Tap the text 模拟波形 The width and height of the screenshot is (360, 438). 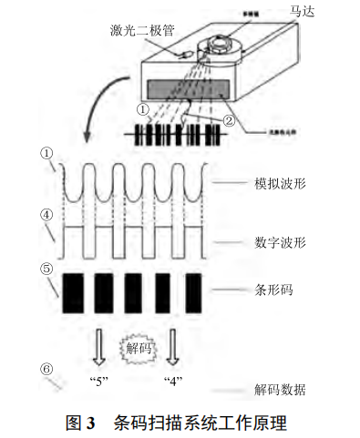[x=278, y=183]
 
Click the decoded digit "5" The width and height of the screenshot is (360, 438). [x=96, y=381]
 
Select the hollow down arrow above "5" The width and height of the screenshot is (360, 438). [x=97, y=347]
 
